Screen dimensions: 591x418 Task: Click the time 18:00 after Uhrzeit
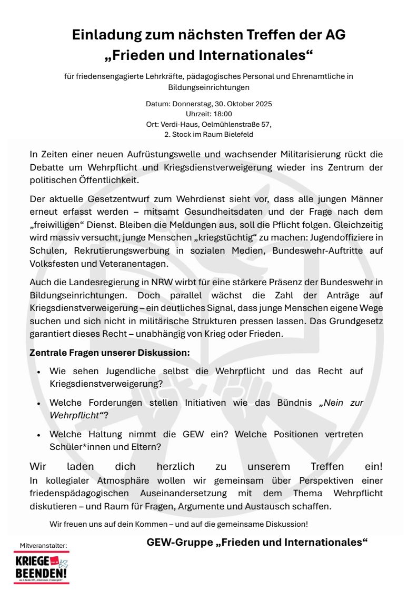click(223, 114)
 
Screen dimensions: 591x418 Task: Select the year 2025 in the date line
click(262, 104)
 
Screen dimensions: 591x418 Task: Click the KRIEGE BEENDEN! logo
click(41, 567)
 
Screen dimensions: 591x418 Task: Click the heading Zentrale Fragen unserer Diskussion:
click(110, 352)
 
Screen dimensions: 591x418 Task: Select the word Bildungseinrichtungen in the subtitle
click(208, 87)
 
